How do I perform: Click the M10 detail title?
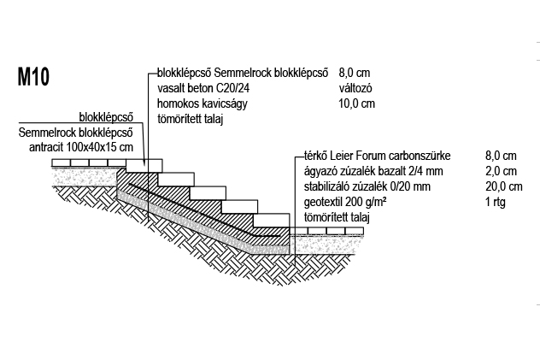[x=33, y=76]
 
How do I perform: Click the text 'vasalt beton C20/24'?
[x=203, y=88]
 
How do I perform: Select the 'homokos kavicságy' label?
[x=202, y=103]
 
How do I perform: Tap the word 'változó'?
[x=355, y=88]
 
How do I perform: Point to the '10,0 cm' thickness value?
[x=356, y=103]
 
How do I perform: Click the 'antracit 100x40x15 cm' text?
[x=81, y=147]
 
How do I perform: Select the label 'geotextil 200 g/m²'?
[x=344, y=202]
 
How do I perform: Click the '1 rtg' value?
[x=496, y=202]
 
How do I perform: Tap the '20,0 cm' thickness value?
[x=504, y=186]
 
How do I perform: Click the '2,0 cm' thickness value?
[x=501, y=171]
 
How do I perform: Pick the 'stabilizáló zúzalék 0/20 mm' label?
[x=367, y=186]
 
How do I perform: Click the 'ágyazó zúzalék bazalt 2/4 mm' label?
[x=373, y=171]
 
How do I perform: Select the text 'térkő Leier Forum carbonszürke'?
[x=377, y=156]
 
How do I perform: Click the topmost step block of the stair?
[x=144, y=166]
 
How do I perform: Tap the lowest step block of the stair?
[x=271, y=221]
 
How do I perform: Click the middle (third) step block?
[x=208, y=193]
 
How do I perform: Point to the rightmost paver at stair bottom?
[x=354, y=231]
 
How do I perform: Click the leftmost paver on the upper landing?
[x=61, y=162]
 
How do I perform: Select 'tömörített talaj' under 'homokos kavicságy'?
[x=190, y=119]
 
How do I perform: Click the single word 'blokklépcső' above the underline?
[x=106, y=117]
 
